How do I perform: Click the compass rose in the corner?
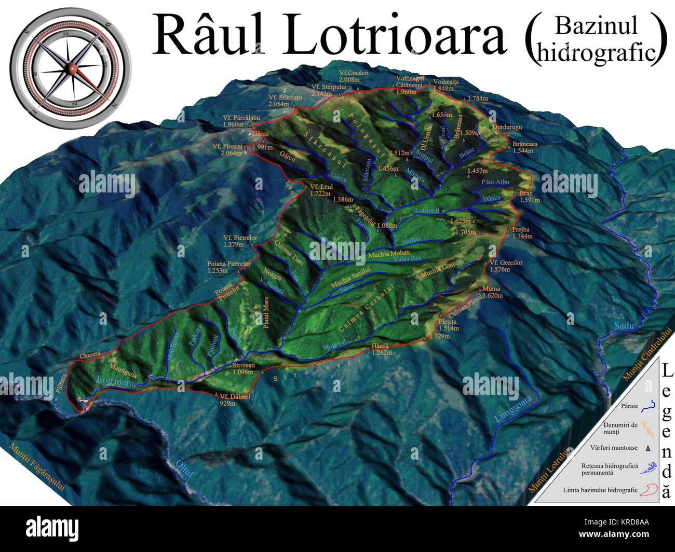(71, 68)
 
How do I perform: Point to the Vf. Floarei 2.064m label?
(227, 150)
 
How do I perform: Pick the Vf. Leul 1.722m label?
(320, 190)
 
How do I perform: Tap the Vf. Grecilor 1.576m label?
(506, 266)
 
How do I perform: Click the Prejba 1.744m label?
(521, 233)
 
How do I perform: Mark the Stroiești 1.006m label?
(242, 368)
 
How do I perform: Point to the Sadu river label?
(624, 326)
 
